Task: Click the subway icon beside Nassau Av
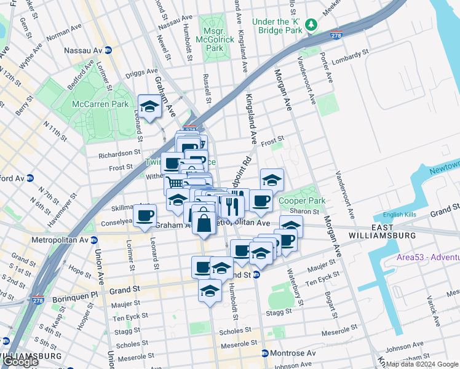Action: click(x=108, y=50)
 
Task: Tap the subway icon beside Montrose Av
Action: click(x=264, y=354)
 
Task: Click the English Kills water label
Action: click(x=400, y=215)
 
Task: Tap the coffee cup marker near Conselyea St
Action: click(x=145, y=216)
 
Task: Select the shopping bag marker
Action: click(x=204, y=222)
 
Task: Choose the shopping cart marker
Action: click(x=175, y=183)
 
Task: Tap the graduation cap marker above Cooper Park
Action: click(x=272, y=180)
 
